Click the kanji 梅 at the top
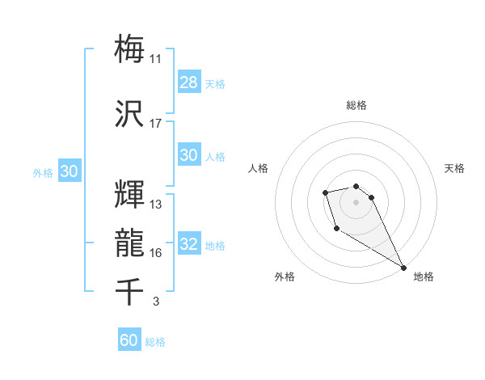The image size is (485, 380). tap(130, 48)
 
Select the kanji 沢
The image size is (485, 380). tap(130, 113)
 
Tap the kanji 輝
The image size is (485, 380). tap(130, 195)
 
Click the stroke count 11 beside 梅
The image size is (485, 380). tap(155, 59)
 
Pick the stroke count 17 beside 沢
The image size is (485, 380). tap(155, 124)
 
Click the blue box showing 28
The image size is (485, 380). tap(188, 82)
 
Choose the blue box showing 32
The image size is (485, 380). tap(188, 245)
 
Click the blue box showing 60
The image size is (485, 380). tap(129, 340)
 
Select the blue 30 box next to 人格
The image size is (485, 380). tap(188, 155)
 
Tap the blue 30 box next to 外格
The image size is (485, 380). tap(69, 171)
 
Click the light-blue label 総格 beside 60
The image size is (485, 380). tap(155, 342)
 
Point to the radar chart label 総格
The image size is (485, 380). tap(356, 105)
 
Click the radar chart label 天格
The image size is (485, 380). tap(454, 168)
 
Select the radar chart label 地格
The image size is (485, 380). tap(424, 277)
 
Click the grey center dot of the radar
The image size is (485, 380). tap(356, 201)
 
